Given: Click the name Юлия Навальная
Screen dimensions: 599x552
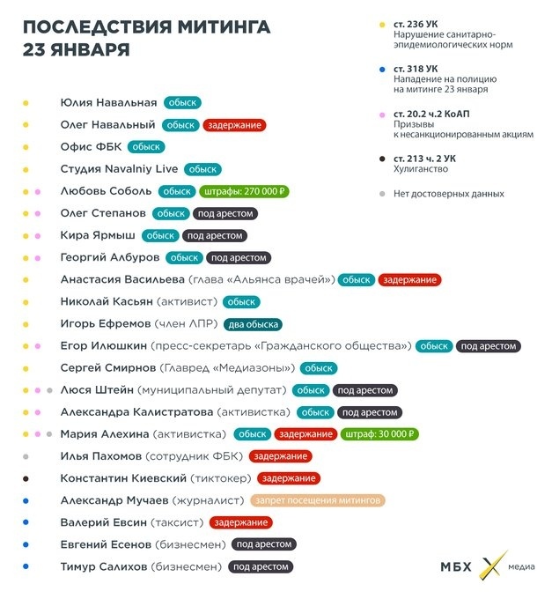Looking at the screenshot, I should tap(108, 103).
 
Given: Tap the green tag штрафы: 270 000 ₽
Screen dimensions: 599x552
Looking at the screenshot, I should tap(246, 191).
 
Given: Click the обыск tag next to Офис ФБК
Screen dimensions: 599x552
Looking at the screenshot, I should tap(146, 147).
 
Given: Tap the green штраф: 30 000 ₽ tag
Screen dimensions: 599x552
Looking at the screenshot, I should tap(380, 434).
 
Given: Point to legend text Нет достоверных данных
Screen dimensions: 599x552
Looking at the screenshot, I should tap(449, 193).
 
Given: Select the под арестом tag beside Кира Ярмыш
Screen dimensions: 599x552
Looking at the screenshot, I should tap(214, 235).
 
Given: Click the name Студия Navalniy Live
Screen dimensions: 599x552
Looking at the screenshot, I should tap(119, 169).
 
